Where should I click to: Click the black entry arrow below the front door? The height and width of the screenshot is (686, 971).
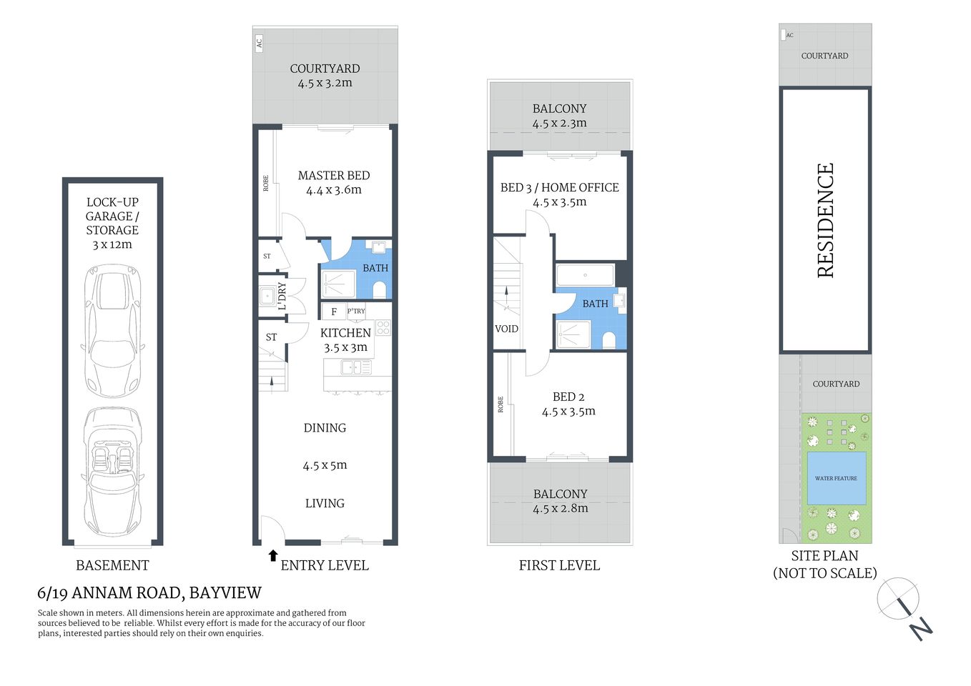tap(272, 555)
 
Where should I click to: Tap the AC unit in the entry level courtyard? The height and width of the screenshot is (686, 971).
tap(259, 42)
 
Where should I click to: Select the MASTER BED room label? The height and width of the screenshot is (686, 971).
tap(334, 176)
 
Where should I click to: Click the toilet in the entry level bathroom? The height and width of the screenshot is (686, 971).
tap(380, 289)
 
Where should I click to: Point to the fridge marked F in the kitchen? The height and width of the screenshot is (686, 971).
tap(333, 312)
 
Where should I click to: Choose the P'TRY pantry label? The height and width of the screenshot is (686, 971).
tap(356, 311)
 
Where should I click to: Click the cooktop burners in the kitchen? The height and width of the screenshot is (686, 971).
tap(383, 328)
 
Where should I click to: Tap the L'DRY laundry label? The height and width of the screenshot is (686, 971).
tap(282, 295)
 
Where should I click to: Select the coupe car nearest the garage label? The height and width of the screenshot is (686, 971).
tap(112, 329)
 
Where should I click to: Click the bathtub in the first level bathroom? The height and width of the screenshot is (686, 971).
tap(585, 275)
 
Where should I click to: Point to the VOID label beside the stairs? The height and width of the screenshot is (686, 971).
tap(506, 329)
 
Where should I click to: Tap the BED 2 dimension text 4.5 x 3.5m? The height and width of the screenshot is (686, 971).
tap(568, 412)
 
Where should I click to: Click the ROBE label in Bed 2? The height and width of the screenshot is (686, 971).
tap(501, 404)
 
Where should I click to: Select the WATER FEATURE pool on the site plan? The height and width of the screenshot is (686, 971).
tap(836, 478)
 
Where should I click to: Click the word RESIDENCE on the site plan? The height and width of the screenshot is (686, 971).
tap(826, 220)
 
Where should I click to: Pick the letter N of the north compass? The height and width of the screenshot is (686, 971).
tap(921, 629)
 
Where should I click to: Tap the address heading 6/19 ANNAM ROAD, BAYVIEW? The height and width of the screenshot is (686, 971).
tap(149, 593)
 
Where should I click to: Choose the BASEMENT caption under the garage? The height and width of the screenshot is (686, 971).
tap(112, 565)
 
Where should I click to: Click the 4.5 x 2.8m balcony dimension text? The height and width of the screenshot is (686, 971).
tap(560, 509)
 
